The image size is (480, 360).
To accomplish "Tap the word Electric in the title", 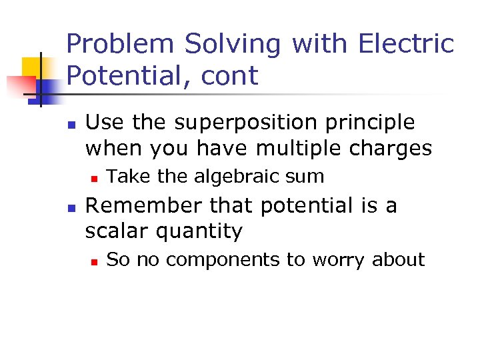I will coord(406,44).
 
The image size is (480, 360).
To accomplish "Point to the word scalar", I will coord(117,231).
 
